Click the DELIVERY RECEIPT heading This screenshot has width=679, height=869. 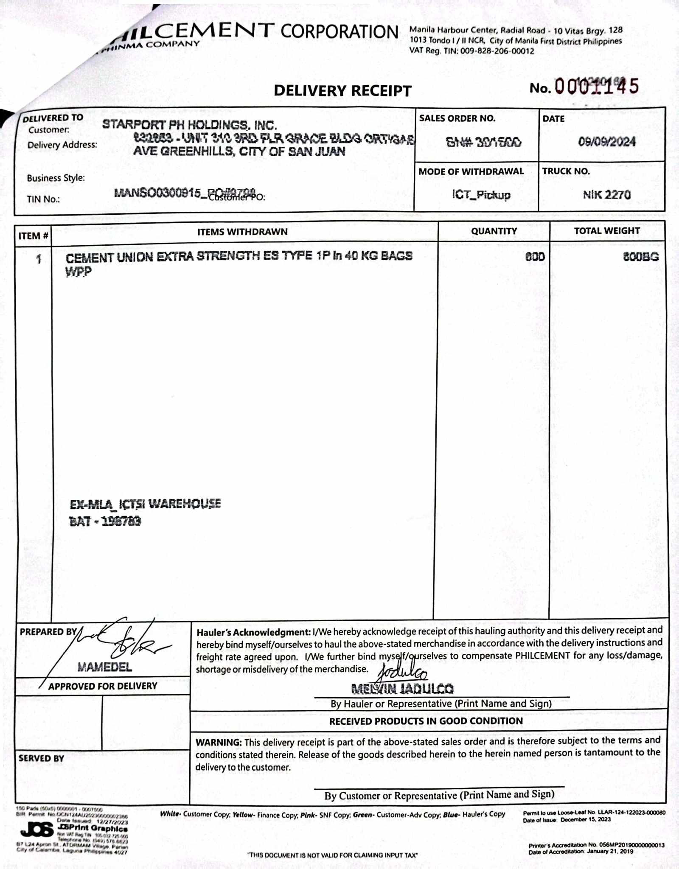pos(342,90)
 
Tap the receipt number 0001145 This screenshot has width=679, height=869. pos(596,87)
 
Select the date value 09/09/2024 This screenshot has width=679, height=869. pos(606,141)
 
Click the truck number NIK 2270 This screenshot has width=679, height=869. pos(606,195)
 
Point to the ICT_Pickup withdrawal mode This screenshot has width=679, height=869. pos(481,195)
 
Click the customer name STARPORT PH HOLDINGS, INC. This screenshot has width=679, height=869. pos(190,125)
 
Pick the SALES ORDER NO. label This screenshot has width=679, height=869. pos(457,118)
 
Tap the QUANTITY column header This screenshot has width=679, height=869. pos(494,231)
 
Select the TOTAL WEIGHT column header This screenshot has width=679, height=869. pos(606,231)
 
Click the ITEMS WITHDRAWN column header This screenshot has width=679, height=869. pos(242,232)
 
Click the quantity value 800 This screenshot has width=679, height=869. pos(535,257)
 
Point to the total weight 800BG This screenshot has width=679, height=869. pos(640,257)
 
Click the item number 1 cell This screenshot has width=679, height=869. pos(39,259)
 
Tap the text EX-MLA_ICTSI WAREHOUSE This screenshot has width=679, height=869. pos(145,504)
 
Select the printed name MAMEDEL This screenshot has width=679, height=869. pos(104,667)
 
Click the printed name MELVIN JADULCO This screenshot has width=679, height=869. pos(402,688)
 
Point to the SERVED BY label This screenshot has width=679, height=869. pos(41,758)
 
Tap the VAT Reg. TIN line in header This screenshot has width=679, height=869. pos(471,51)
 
